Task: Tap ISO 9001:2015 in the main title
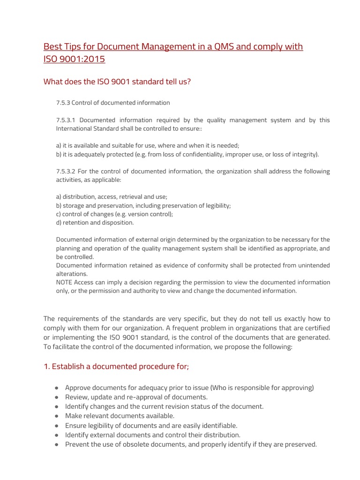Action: [75, 59]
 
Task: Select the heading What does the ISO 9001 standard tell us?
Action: [117, 82]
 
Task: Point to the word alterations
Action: [71, 274]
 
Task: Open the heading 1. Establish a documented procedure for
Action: [116, 366]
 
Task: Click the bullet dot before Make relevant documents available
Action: [56, 416]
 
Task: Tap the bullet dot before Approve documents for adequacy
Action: [56, 388]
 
